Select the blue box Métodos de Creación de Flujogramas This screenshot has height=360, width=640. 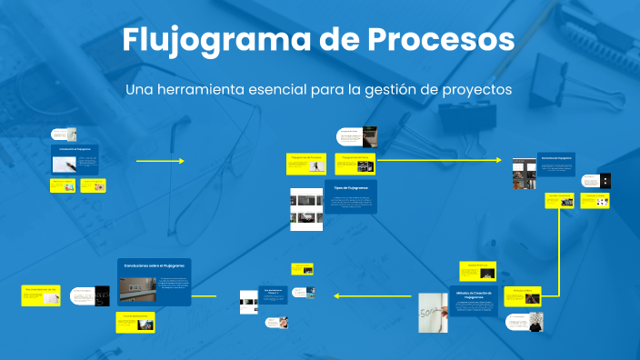pyautogui.click(x=474, y=301)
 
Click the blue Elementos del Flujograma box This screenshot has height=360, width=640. pyautogui.click(x=555, y=168)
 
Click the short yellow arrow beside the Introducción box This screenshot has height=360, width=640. pyautogui.click(x=159, y=161)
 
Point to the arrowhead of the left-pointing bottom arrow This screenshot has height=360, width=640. pyautogui.click(x=336, y=295)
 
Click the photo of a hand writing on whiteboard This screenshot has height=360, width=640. pyautogui.click(x=432, y=314)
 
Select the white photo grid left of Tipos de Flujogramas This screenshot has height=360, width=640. pyautogui.click(x=305, y=209)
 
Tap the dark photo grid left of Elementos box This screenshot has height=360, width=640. pyautogui.click(x=524, y=174)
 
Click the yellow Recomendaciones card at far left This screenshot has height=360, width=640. pyautogui.click(x=41, y=295)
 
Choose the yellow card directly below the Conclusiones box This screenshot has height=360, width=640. pyautogui.click(x=135, y=322)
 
